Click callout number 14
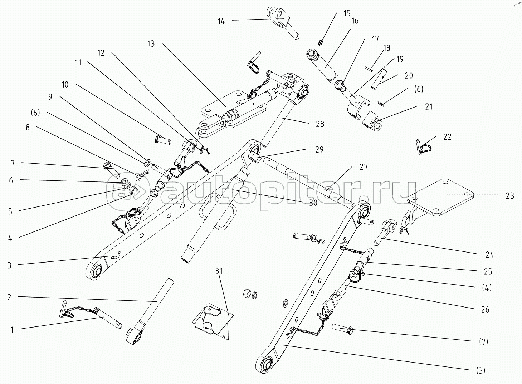pos(221,21)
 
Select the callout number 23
pos(510,195)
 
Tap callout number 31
pos(219,271)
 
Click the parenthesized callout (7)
pos(483,342)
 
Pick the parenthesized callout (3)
pos(480,370)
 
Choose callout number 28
pos(320,124)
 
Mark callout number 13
pos(151,44)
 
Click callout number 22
pos(447,137)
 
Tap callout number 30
pos(313,203)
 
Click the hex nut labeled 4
pos(132,191)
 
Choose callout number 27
pos(364,167)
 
